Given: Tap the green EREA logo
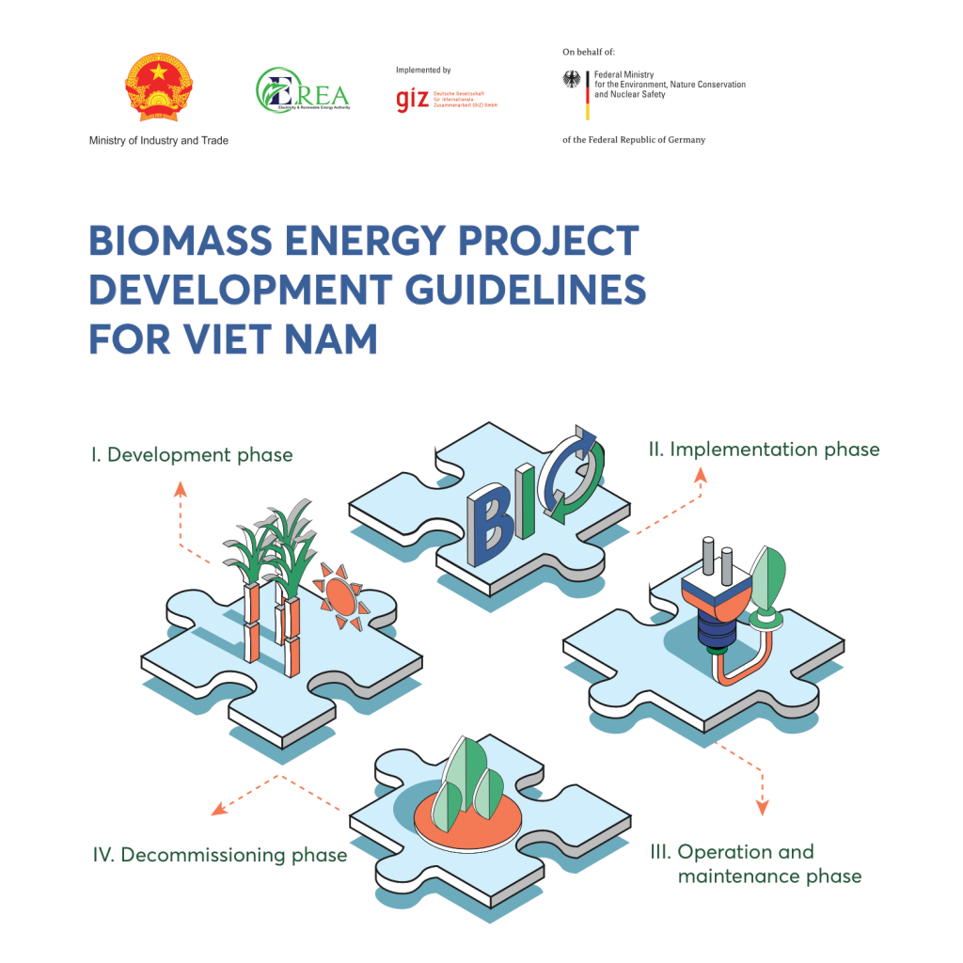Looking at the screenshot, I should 302,91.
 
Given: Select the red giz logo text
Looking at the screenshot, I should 413,100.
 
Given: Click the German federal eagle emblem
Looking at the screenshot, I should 572,81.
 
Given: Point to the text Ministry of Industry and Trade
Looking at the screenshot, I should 158,140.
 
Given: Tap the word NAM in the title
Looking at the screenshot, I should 330,339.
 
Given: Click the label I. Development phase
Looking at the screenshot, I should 192,455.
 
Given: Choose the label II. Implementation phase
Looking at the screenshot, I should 764,450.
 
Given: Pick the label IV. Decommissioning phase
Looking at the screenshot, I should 220,855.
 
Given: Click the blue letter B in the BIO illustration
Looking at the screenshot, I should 489,527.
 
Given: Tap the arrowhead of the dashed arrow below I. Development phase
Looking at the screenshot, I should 182,488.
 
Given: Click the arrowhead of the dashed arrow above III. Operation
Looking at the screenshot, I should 763,806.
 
